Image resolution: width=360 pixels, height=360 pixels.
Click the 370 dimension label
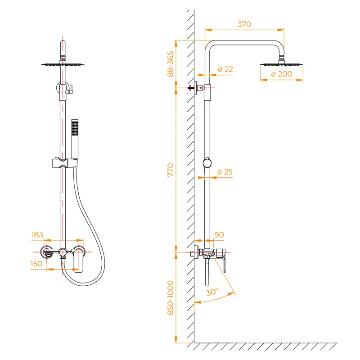(x=244, y=24)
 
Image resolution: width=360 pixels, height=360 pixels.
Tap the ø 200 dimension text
(x=281, y=74)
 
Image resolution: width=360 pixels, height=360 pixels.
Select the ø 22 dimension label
(x=225, y=69)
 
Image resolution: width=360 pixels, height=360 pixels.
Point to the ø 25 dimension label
(x=225, y=172)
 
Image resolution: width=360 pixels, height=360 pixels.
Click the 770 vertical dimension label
(x=171, y=170)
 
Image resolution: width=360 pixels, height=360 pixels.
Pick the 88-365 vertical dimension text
(x=171, y=64)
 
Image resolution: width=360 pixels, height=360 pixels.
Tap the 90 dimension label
(x=219, y=234)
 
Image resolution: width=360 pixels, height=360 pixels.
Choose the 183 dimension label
(x=37, y=234)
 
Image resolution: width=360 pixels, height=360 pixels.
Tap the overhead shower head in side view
(x=282, y=64)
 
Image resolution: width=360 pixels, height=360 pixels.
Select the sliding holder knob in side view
(x=207, y=163)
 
